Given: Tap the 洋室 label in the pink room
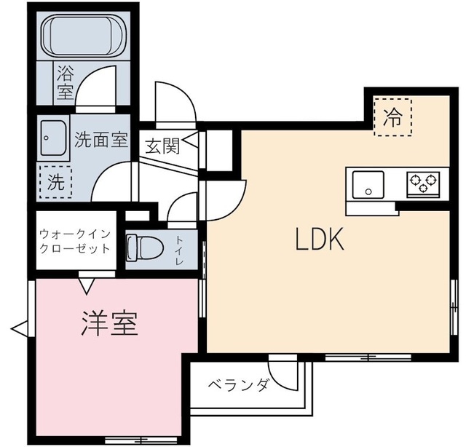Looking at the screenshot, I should coord(109,323).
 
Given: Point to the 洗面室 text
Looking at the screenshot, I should coord(101,141).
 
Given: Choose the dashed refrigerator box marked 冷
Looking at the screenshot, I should coord(392,116).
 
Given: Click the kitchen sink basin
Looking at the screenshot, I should coord(368,183).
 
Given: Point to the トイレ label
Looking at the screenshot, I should coord(179,248).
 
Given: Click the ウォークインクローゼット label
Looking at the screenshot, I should coord(75,241).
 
